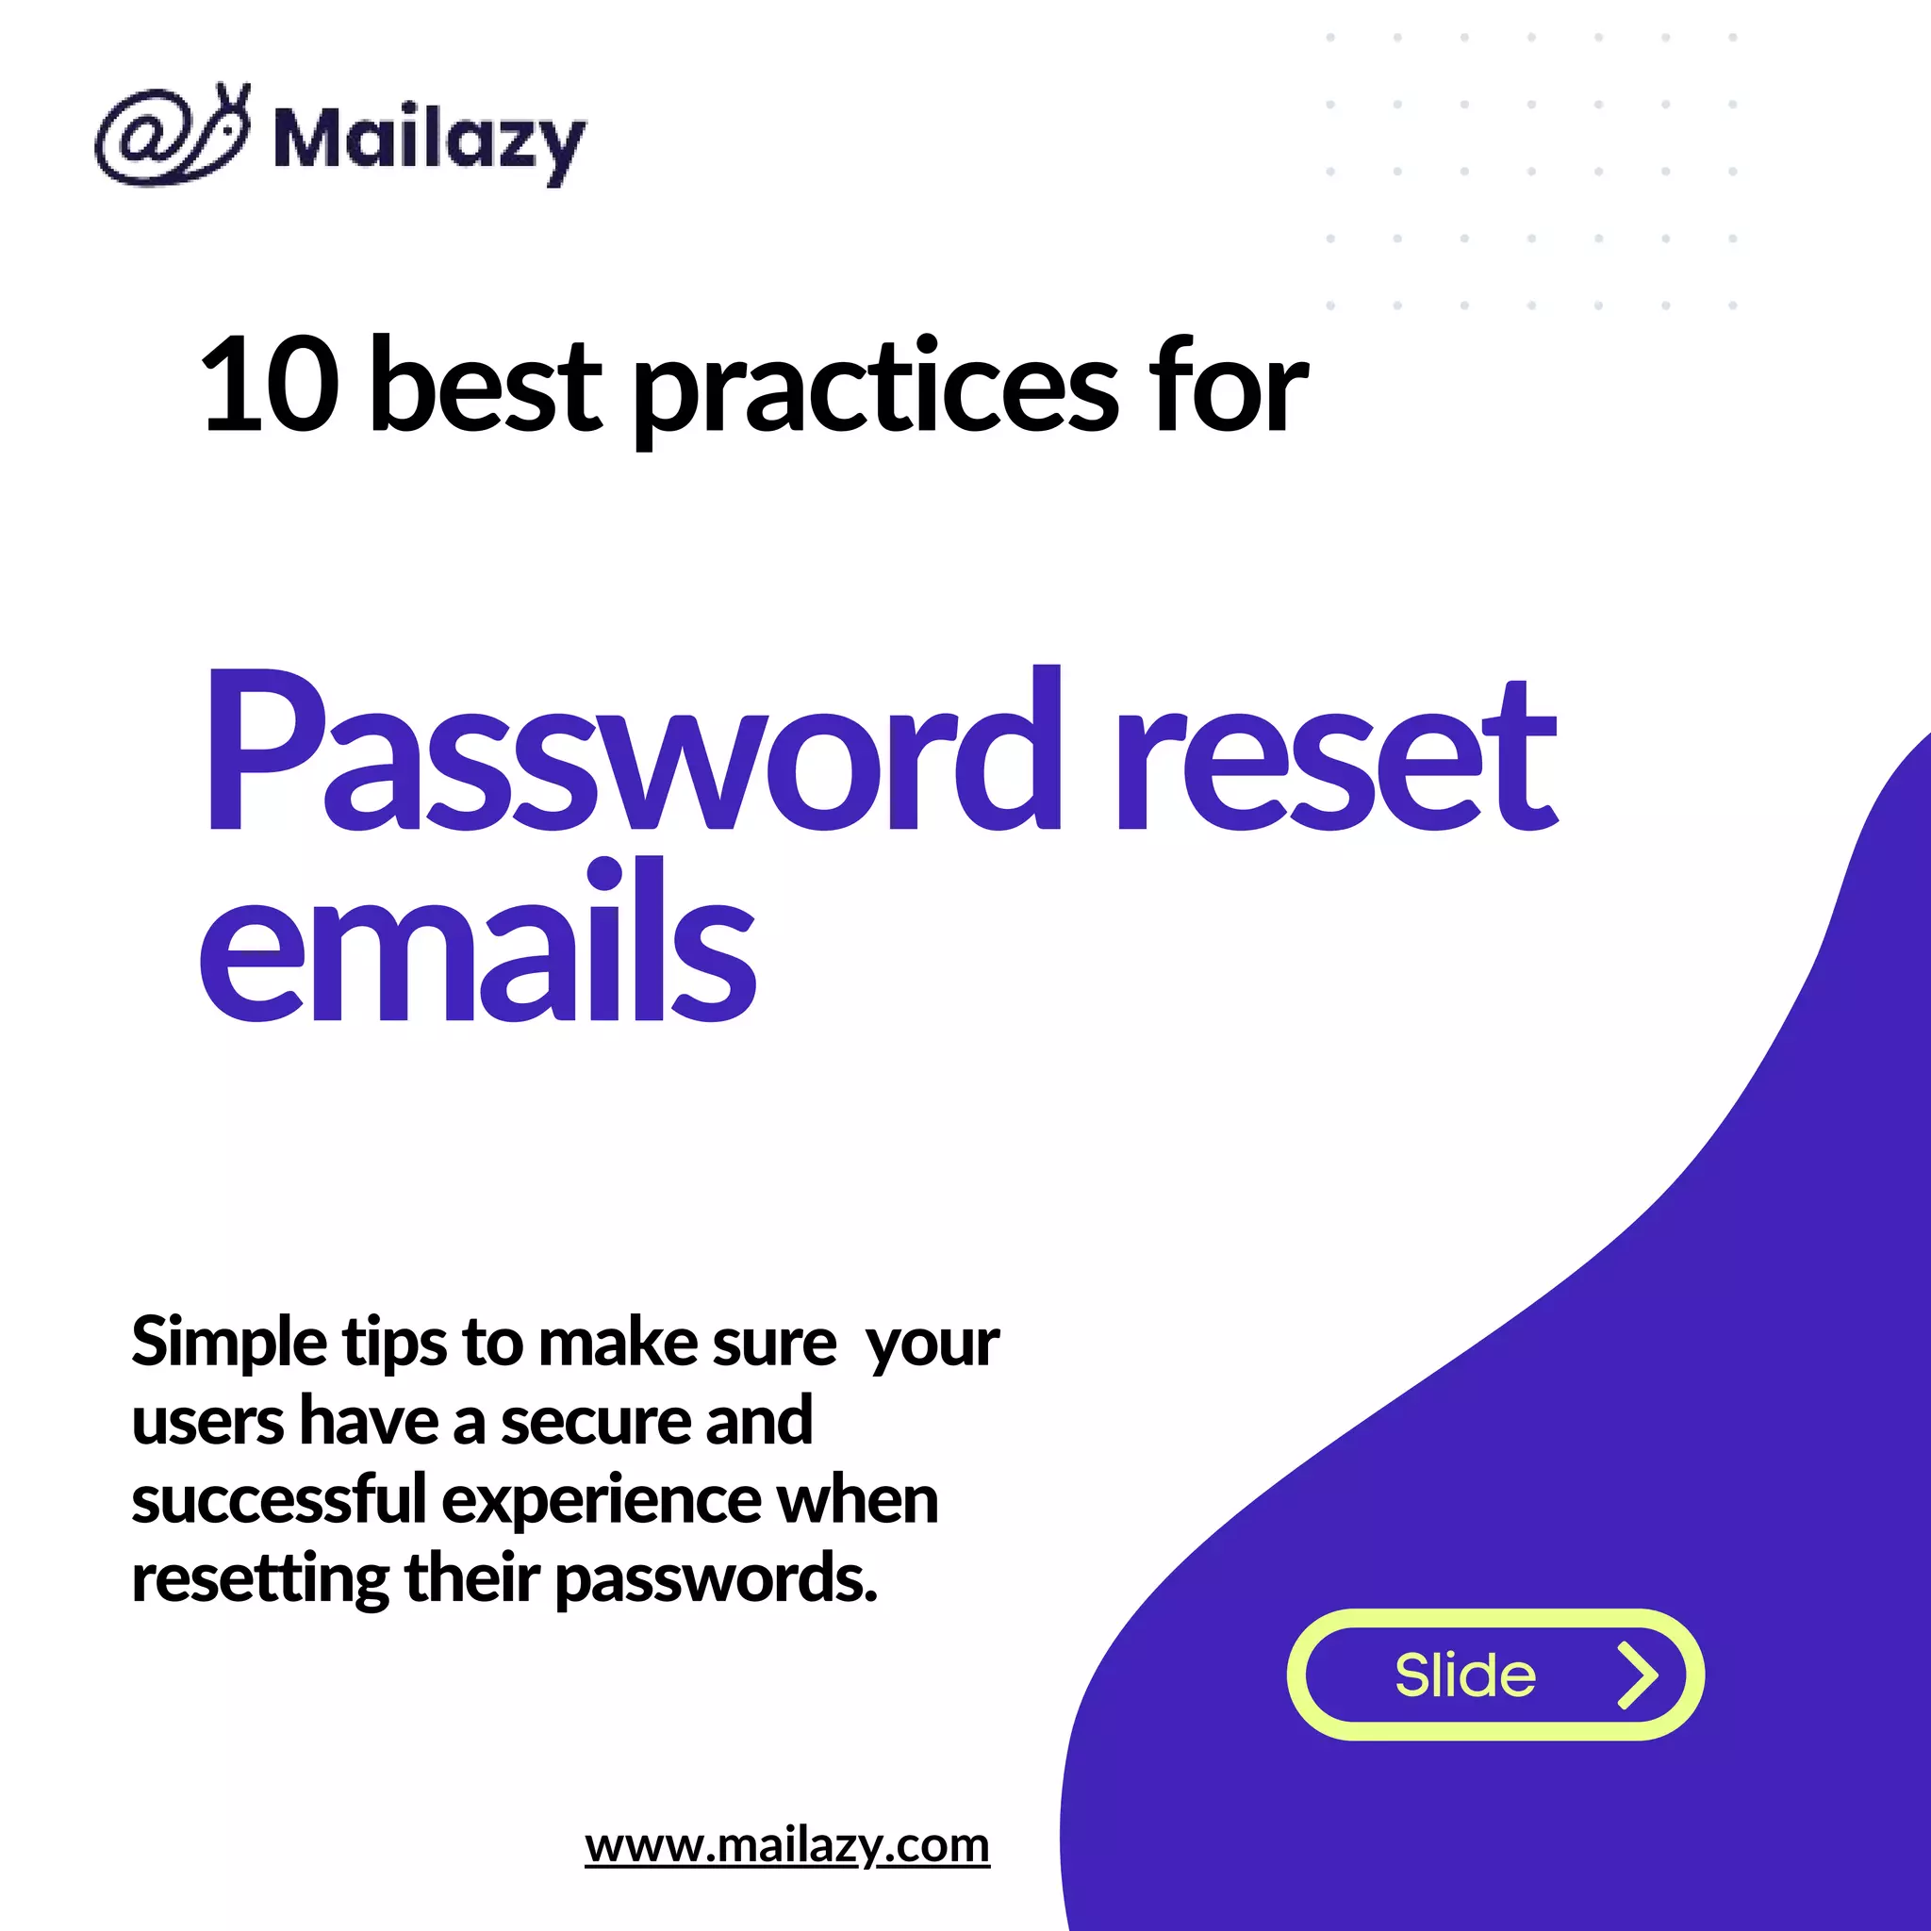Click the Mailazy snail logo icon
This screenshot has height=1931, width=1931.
click(172, 137)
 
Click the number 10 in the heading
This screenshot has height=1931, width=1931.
click(270, 386)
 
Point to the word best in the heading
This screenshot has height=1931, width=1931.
click(485, 386)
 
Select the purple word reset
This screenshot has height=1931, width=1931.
click(1335, 760)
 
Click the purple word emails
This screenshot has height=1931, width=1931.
click(477, 945)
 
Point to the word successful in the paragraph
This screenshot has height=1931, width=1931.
click(279, 1500)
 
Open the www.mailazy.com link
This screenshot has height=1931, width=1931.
click(786, 1845)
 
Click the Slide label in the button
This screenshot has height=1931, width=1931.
click(1464, 1676)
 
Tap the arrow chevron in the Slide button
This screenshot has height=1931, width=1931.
click(1637, 1676)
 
